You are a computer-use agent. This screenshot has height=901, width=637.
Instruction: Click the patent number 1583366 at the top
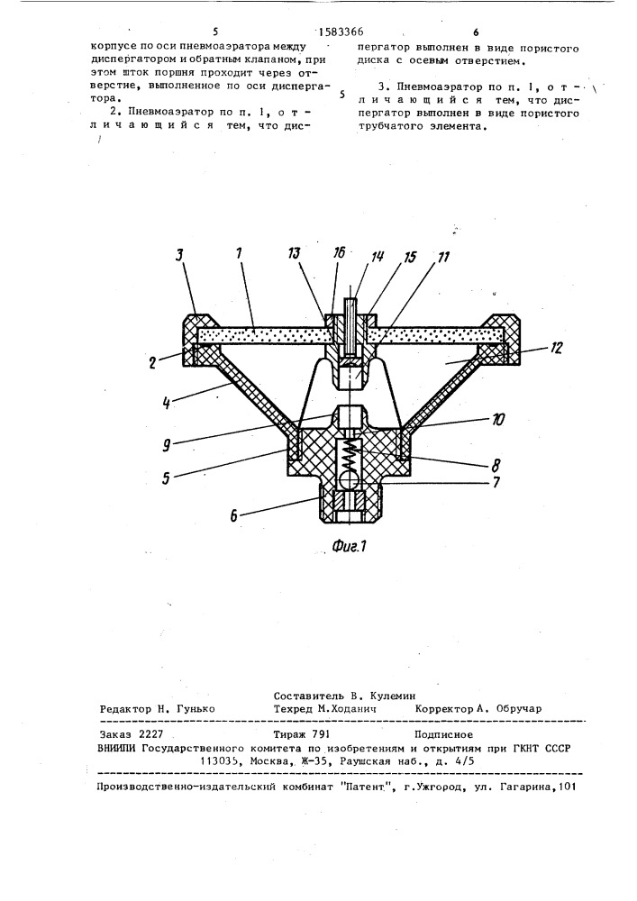pyautogui.click(x=341, y=32)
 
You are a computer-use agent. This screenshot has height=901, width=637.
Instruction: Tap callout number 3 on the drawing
pyautogui.click(x=180, y=255)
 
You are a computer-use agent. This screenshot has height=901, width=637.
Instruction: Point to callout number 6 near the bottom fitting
pyautogui.click(x=234, y=515)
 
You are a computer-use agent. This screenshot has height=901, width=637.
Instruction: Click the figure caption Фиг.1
pyautogui.click(x=349, y=546)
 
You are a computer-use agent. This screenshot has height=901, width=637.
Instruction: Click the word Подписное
pyautogui.click(x=443, y=734)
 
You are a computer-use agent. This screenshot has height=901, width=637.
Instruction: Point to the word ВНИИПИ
pyautogui.click(x=117, y=748)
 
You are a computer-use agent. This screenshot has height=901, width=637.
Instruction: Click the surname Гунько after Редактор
pyautogui.click(x=196, y=709)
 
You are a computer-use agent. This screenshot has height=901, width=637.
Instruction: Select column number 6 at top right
pyautogui.click(x=476, y=32)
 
